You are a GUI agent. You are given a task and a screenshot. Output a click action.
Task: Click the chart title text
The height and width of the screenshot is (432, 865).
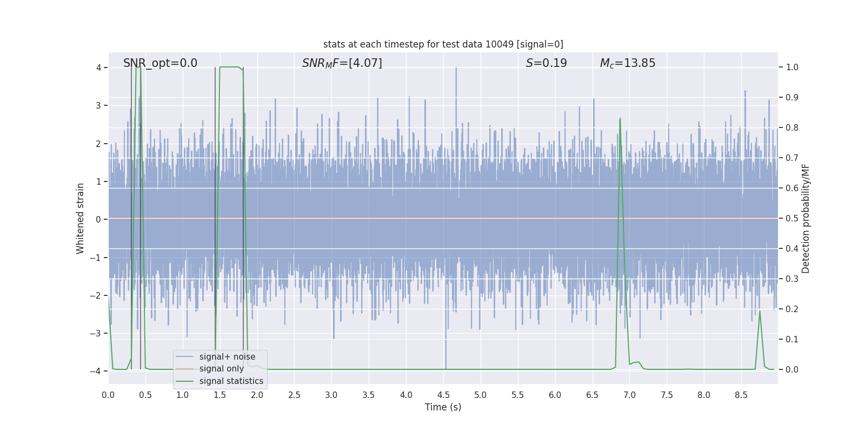(443, 44)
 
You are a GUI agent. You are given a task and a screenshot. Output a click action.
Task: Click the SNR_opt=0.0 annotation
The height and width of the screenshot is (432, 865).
(160, 63)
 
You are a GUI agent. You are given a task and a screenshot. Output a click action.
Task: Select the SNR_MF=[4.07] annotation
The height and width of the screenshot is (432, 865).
(342, 63)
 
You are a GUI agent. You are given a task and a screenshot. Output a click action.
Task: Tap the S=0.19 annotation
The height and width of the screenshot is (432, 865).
(546, 63)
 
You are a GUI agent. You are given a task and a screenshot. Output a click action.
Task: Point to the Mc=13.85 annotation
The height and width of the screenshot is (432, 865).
(627, 63)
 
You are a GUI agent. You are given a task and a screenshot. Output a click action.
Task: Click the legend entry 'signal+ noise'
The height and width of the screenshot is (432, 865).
(227, 357)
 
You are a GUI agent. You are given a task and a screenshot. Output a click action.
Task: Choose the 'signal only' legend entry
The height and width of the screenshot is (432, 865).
(221, 369)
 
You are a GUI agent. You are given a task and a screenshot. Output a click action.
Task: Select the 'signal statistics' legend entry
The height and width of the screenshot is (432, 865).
(231, 381)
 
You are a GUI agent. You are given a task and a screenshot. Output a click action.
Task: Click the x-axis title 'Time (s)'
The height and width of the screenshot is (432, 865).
(443, 407)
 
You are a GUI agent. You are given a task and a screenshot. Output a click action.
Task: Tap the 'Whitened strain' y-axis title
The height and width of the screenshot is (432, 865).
(81, 218)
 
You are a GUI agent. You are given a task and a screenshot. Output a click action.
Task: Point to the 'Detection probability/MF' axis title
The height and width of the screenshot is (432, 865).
(806, 218)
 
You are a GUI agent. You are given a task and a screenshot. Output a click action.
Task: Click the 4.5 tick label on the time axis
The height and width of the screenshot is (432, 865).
(443, 395)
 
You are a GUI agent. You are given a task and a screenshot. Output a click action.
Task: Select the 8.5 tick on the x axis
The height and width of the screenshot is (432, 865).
(741, 395)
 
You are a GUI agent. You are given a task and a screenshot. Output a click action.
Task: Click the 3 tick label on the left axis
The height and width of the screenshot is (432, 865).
(98, 105)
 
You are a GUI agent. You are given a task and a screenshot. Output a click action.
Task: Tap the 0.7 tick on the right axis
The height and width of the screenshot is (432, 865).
(792, 158)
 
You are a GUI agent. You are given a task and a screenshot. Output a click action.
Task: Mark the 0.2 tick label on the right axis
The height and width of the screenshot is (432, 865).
(792, 309)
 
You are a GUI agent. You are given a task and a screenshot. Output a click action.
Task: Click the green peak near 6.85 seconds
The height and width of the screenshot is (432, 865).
(620, 119)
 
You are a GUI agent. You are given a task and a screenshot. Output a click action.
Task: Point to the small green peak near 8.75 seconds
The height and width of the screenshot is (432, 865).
(760, 311)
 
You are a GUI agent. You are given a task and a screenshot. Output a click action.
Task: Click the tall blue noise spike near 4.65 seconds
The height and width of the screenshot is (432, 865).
(456, 69)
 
